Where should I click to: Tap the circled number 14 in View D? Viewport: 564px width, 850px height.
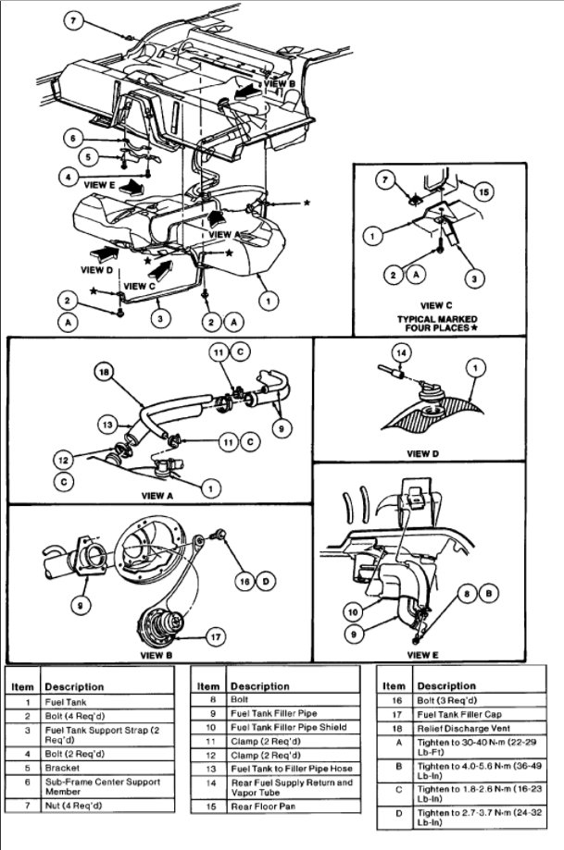[400, 352]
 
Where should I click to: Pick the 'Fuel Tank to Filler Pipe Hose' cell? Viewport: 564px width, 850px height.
[291, 769]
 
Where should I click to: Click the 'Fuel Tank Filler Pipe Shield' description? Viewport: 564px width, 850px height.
[288, 727]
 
